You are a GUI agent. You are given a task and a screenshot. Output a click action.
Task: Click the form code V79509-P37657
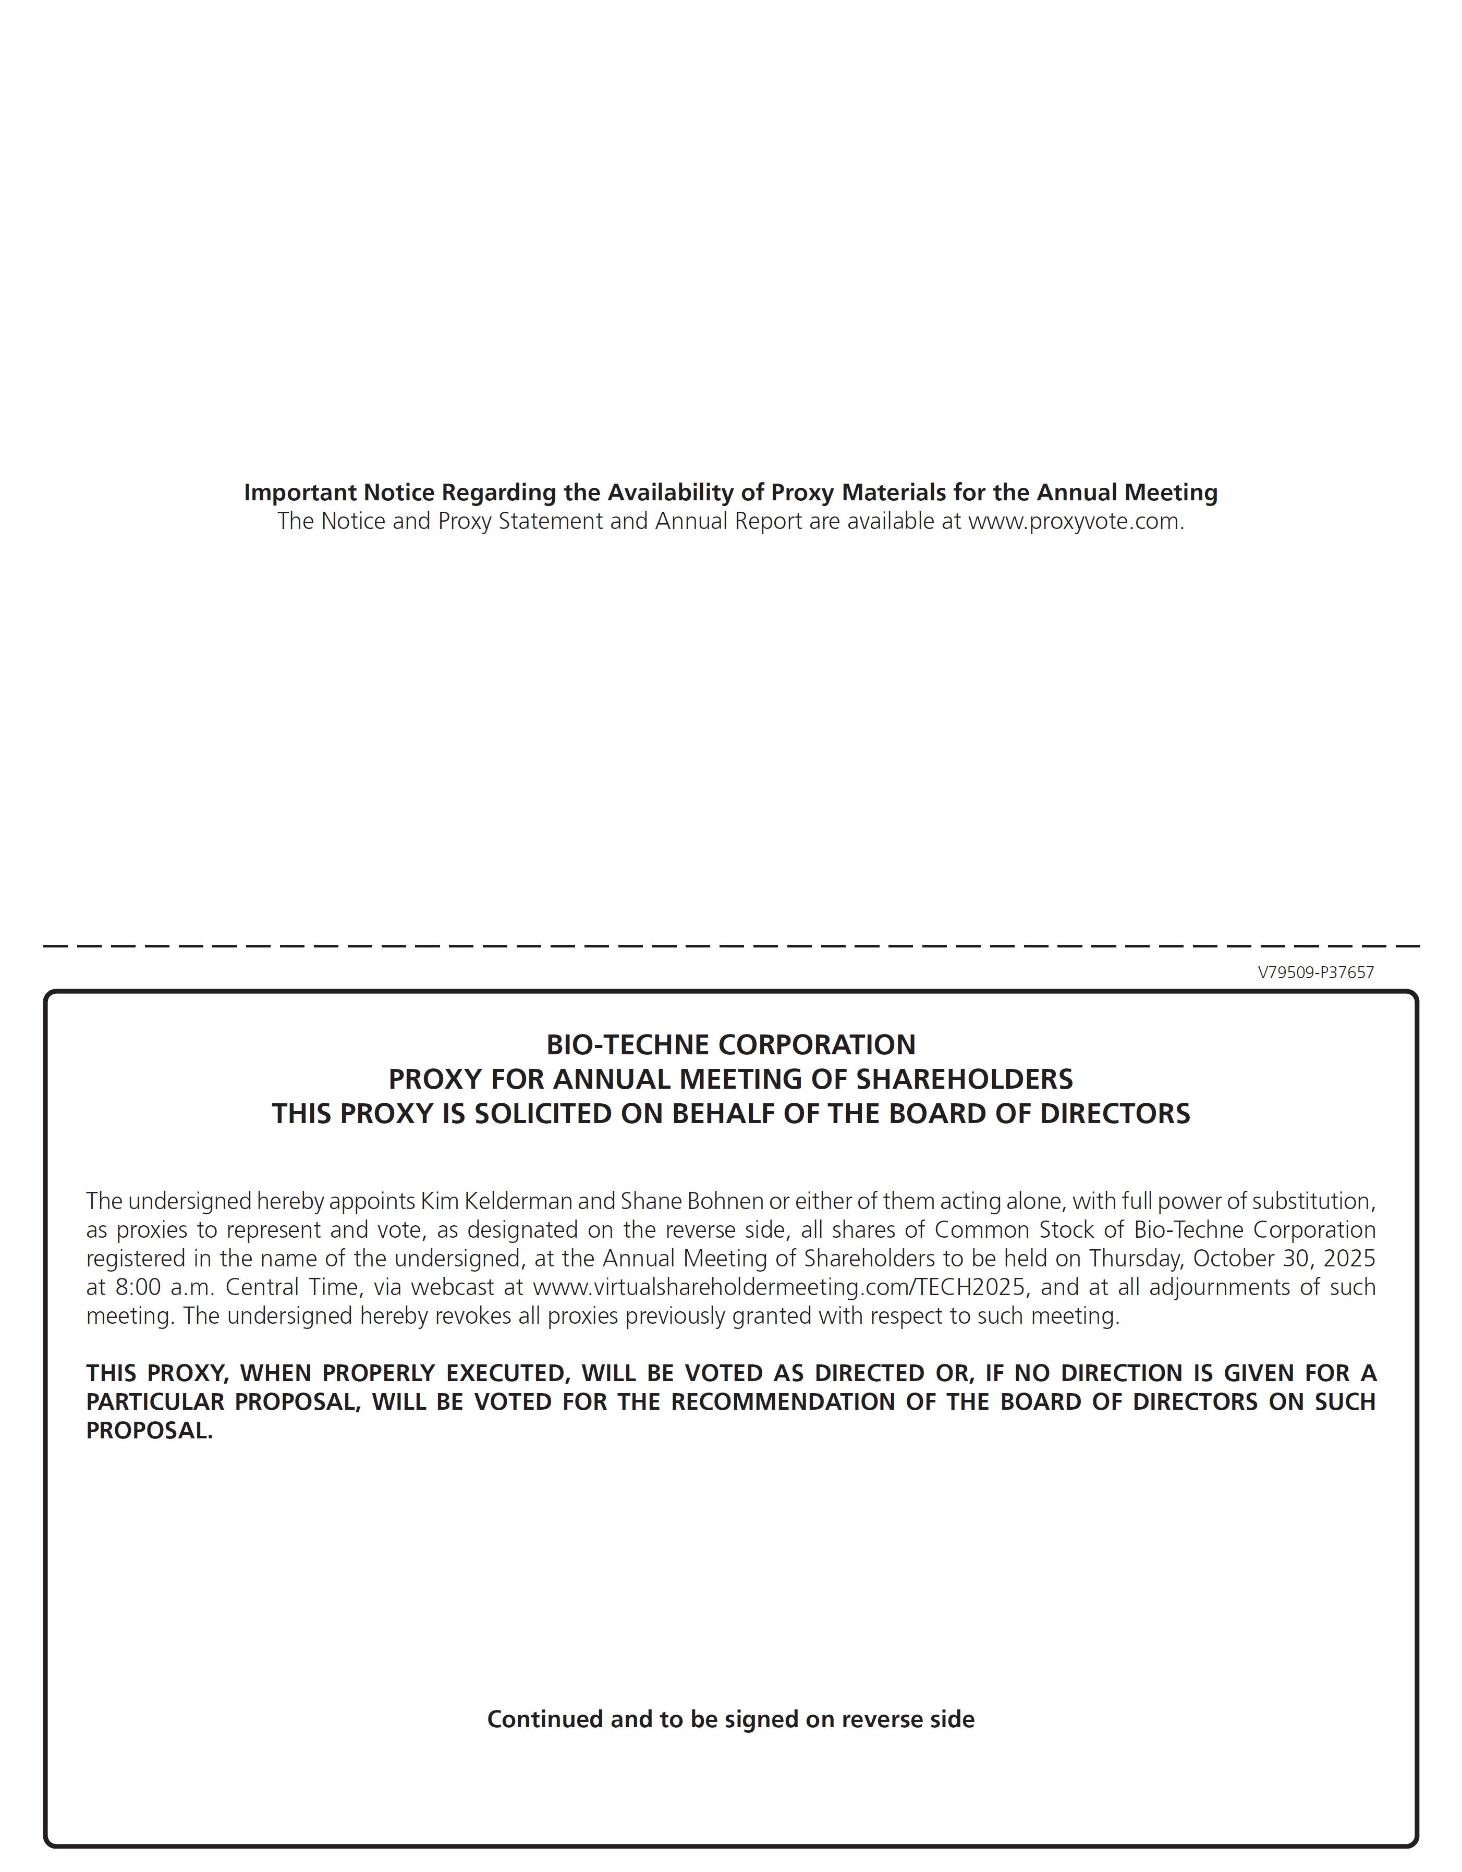1315,973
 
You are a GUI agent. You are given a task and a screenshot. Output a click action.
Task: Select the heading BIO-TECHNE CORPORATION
730,1045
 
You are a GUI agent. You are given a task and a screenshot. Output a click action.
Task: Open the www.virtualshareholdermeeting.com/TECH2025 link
779,1287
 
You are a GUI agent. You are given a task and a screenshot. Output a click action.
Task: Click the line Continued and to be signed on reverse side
730,1719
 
